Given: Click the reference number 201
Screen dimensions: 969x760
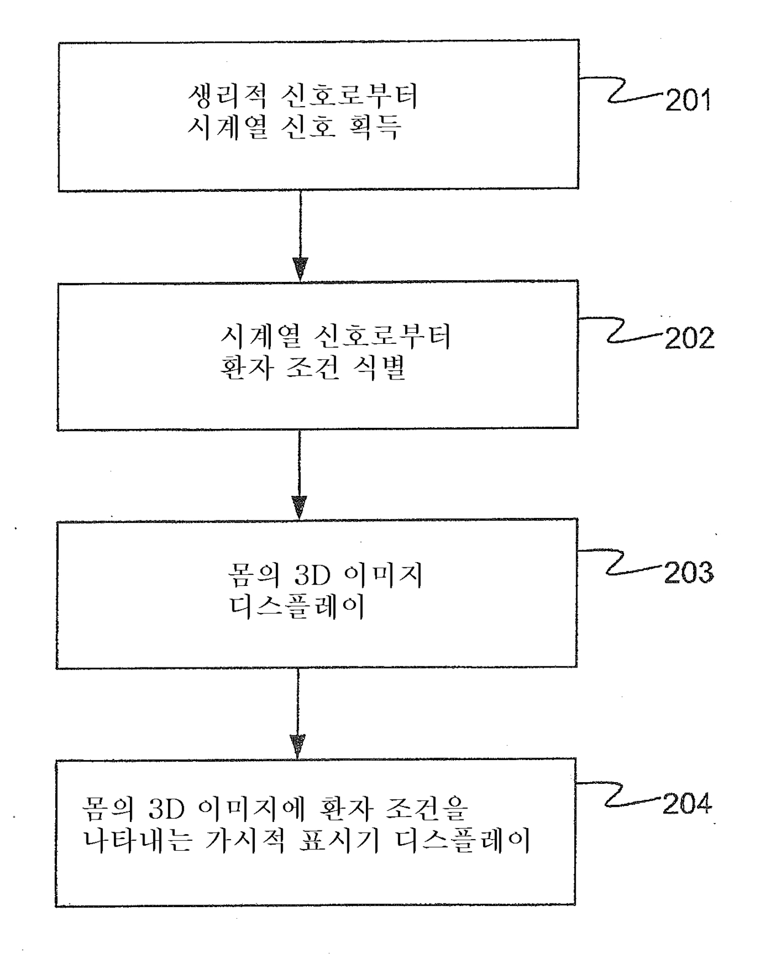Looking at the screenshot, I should coord(688,101).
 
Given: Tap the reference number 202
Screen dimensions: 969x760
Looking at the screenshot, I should coord(690,338).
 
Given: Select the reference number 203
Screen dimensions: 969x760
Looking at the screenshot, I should coord(689,572).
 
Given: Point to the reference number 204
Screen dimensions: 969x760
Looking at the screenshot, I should coord(687,804).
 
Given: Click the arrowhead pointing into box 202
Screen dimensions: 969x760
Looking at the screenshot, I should coord(300,268).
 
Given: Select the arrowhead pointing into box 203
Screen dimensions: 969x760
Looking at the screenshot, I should coord(299,507).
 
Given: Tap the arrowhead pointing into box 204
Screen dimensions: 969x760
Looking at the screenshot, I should coord(298,746).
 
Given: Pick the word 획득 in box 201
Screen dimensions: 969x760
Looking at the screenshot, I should coord(378,127).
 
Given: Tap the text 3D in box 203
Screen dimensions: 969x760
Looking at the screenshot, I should coord(312,576).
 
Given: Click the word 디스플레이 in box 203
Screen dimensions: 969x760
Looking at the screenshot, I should coord(297,607).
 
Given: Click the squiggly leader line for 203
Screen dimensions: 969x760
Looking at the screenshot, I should coord(621,562).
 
